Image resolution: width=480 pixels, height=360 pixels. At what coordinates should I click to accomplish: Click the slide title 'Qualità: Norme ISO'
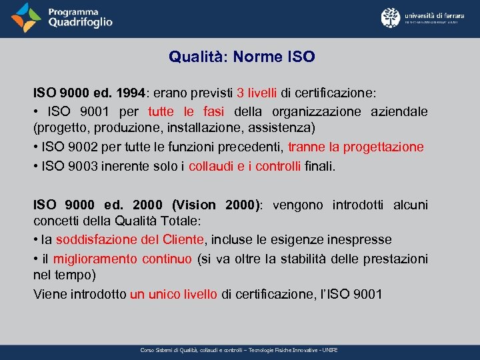click(241, 57)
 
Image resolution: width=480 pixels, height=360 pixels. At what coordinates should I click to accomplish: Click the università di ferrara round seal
click(390, 17)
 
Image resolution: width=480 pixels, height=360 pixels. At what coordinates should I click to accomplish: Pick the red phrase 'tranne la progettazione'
click(355, 147)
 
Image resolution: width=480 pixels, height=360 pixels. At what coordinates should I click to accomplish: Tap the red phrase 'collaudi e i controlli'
click(245, 166)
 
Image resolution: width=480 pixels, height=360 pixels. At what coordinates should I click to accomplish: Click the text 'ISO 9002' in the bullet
click(65, 147)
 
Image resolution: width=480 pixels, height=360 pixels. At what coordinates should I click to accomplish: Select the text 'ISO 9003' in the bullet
click(65, 166)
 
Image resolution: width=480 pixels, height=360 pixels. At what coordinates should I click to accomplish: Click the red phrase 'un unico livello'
click(173, 294)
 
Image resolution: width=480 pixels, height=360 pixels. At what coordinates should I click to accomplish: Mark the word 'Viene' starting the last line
click(49, 294)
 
